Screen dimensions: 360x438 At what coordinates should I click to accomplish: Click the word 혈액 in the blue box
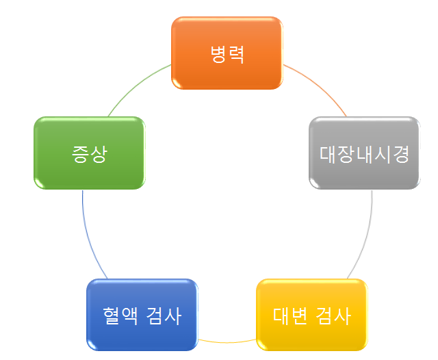(119, 316)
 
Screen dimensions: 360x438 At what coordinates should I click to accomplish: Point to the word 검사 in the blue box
(164, 316)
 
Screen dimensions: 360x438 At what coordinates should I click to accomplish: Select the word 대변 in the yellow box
(289, 316)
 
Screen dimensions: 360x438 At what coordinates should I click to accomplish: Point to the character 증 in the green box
(80, 153)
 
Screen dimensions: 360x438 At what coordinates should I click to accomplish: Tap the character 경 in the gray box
(400, 153)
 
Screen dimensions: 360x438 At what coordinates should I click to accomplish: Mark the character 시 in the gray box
(382, 153)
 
